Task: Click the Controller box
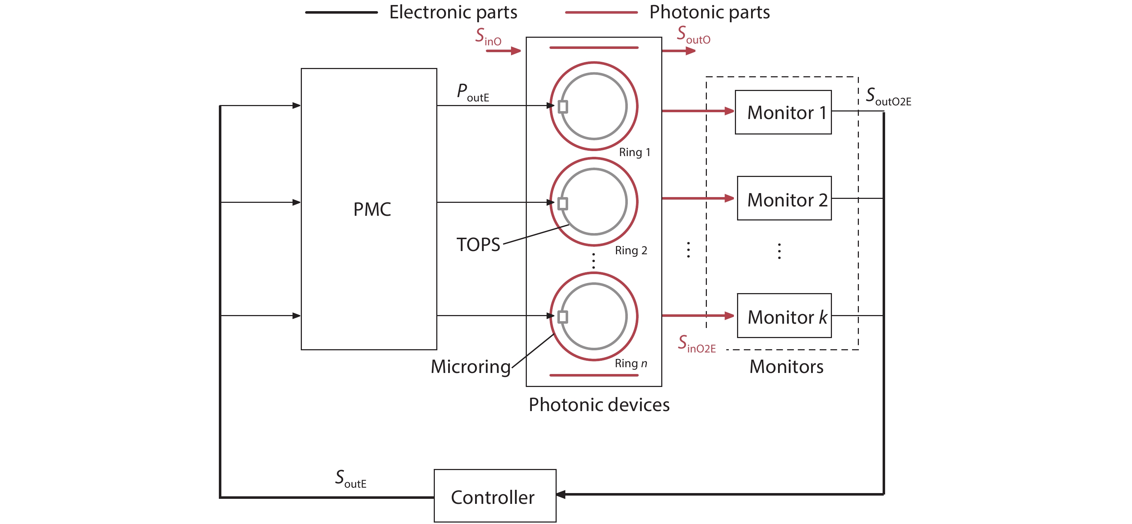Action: [x=495, y=496]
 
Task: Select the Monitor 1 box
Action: [x=783, y=112]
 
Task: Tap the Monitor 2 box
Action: [x=784, y=198]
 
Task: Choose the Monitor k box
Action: [x=784, y=316]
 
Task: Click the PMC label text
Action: [x=372, y=209]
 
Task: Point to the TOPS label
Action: [x=478, y=245]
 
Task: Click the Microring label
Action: [x=470, y=366]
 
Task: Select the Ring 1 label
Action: [x=634, y=152]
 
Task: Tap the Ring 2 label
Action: [x=631, y=251]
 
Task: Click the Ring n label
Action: [x=631, y=364]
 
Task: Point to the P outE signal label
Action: [x=473, y=93]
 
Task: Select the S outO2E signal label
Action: [x=888, y=97]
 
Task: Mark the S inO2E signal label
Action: [x=696, y=344]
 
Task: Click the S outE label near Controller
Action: [x=350, y=479]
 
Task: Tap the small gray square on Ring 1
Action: [x=563, y=107]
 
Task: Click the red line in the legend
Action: [x=601, y=12]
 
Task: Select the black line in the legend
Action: [x=341, y=12]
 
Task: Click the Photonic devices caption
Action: [x=599, y=405]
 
